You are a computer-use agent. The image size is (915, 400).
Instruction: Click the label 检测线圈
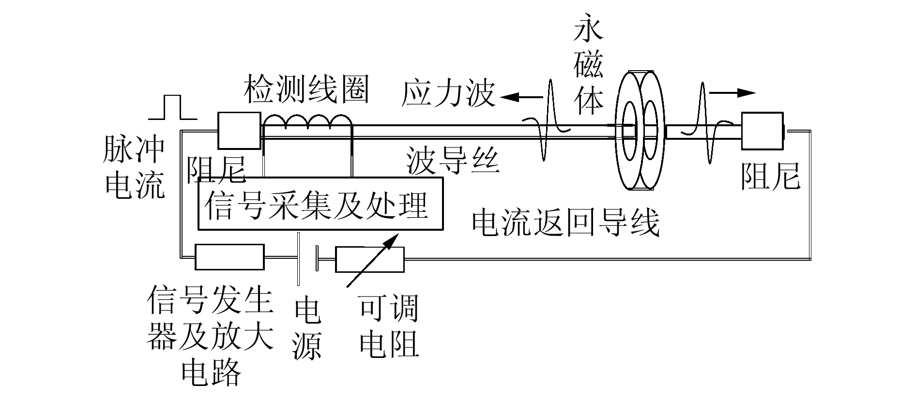pyautogui.click(x=306, y=89)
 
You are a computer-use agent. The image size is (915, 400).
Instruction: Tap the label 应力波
pyautogui.click(x=448, y=94)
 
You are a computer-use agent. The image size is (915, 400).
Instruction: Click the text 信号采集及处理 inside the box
pyautogui.click(x=317, y=205)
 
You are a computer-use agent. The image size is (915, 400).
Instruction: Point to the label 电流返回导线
pyautogui.click(x=565, y=223)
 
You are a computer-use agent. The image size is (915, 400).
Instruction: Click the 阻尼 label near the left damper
pyautogui.click(x=216, y=169)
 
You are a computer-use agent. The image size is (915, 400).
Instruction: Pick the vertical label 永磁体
pyautogui.click(x=588, y=63)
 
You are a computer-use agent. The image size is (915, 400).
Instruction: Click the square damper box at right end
pyautogui.click(x=762, y=131)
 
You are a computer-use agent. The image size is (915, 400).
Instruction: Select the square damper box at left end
pyautogui.click(x=239, y=131)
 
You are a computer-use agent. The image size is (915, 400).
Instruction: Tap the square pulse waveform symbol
pyautogui.click(x=173, y=107)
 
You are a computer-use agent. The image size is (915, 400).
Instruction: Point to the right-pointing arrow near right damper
pyautogui.click(x=732, y=93)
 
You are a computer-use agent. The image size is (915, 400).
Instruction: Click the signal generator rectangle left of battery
pyautogui.click(x=229, y=257)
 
